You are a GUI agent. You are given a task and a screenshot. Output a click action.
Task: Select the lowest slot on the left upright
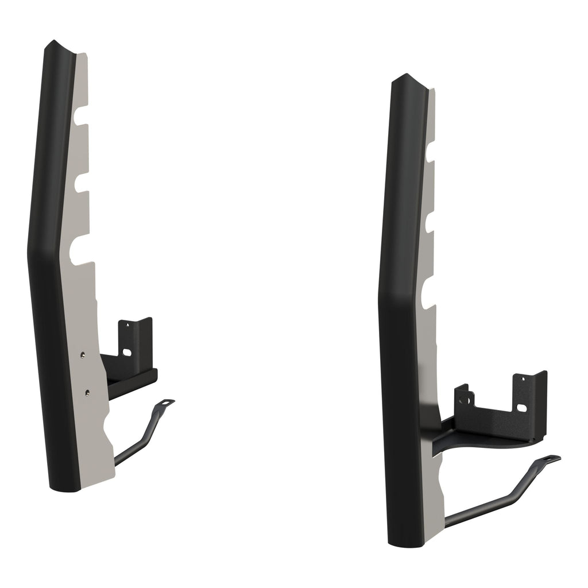80,250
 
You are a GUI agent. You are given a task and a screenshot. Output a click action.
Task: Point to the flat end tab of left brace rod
167,403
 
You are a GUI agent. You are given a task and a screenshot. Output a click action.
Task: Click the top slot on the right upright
430,152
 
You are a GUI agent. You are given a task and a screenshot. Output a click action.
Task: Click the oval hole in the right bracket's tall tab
523,408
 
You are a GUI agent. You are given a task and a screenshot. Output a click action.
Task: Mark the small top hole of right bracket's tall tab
522,378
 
